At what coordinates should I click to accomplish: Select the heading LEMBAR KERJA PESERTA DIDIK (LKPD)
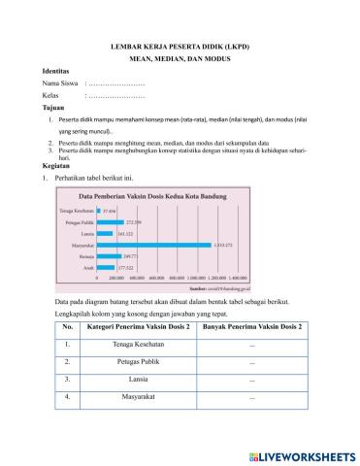180,46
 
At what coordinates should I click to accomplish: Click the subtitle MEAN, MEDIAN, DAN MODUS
180,59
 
